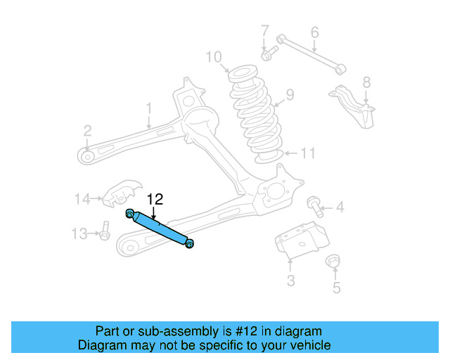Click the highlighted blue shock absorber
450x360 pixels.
[x=160, y=228]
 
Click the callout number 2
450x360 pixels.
[x=87, y=130]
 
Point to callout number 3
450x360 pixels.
[x=290, y=281]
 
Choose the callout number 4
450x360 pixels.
[x=340, y=207]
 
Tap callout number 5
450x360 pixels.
[x=335, y=287]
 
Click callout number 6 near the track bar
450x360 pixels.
[x=314, y=32]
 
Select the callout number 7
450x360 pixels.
[x=265, y=32]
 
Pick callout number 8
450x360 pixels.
[x=366, y=82]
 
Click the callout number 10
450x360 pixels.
[x=214, y=56]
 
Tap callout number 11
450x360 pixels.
[x=309, y=153]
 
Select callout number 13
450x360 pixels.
[x=81, y=233]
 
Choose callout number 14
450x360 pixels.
[x=82, y=199]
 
